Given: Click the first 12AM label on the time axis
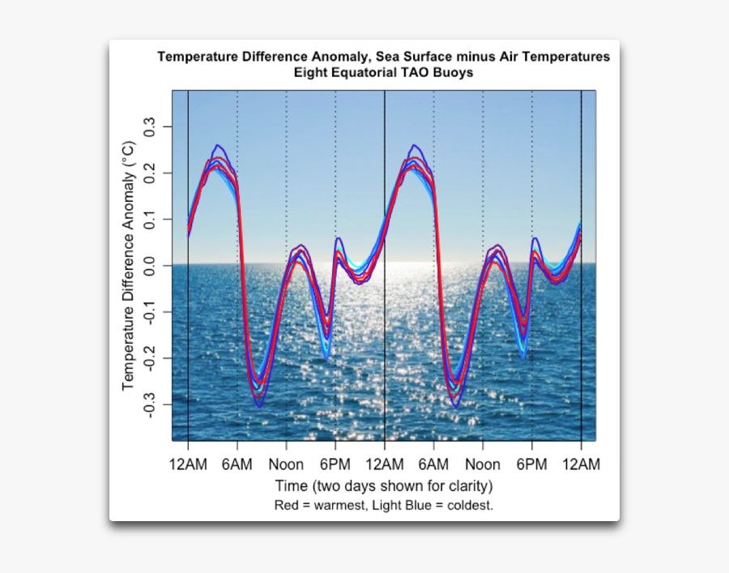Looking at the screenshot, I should tap(188, 464).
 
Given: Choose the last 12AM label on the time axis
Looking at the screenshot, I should tap(581, 464).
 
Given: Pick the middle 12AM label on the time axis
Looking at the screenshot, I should tap(385, 464).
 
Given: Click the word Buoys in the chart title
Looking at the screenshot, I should tap(454, 72).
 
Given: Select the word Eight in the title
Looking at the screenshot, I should tap(310, 72).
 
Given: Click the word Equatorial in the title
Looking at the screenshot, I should tap(365, 72).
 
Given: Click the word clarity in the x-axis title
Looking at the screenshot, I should tap(467, 486).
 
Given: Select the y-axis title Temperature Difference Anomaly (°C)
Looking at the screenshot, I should tap(129, 266).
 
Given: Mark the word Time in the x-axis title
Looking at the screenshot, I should tap(291, 486).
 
